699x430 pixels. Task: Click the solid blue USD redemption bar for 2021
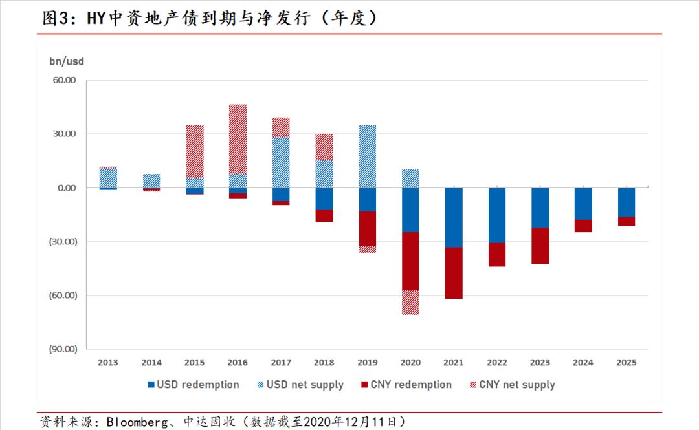pos(453,217)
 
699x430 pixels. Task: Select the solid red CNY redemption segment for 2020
pos(410,261)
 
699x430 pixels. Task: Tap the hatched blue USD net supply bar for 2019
pos(368,156)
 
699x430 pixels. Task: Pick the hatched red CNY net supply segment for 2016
pos(238,139)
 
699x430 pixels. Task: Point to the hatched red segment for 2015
pos(195,151)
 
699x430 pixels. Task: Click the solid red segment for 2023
pos(540,246)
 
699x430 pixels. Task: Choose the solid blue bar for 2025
pos(627,202)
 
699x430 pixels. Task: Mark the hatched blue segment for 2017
pos(281,162)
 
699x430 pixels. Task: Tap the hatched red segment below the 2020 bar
pos(410,303)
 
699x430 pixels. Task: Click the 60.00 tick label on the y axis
pos(64,80)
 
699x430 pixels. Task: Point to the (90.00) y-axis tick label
pos(63,349)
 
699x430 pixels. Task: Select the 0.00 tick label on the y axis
pos(67,188)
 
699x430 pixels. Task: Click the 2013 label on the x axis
pos(108,363)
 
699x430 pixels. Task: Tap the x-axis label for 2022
pos(497,363)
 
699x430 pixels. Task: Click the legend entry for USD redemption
pos(194,385)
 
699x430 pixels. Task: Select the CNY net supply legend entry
pos(513,385)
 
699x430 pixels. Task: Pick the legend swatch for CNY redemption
pos(364,385)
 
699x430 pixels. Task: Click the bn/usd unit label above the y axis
pos(67,61)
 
